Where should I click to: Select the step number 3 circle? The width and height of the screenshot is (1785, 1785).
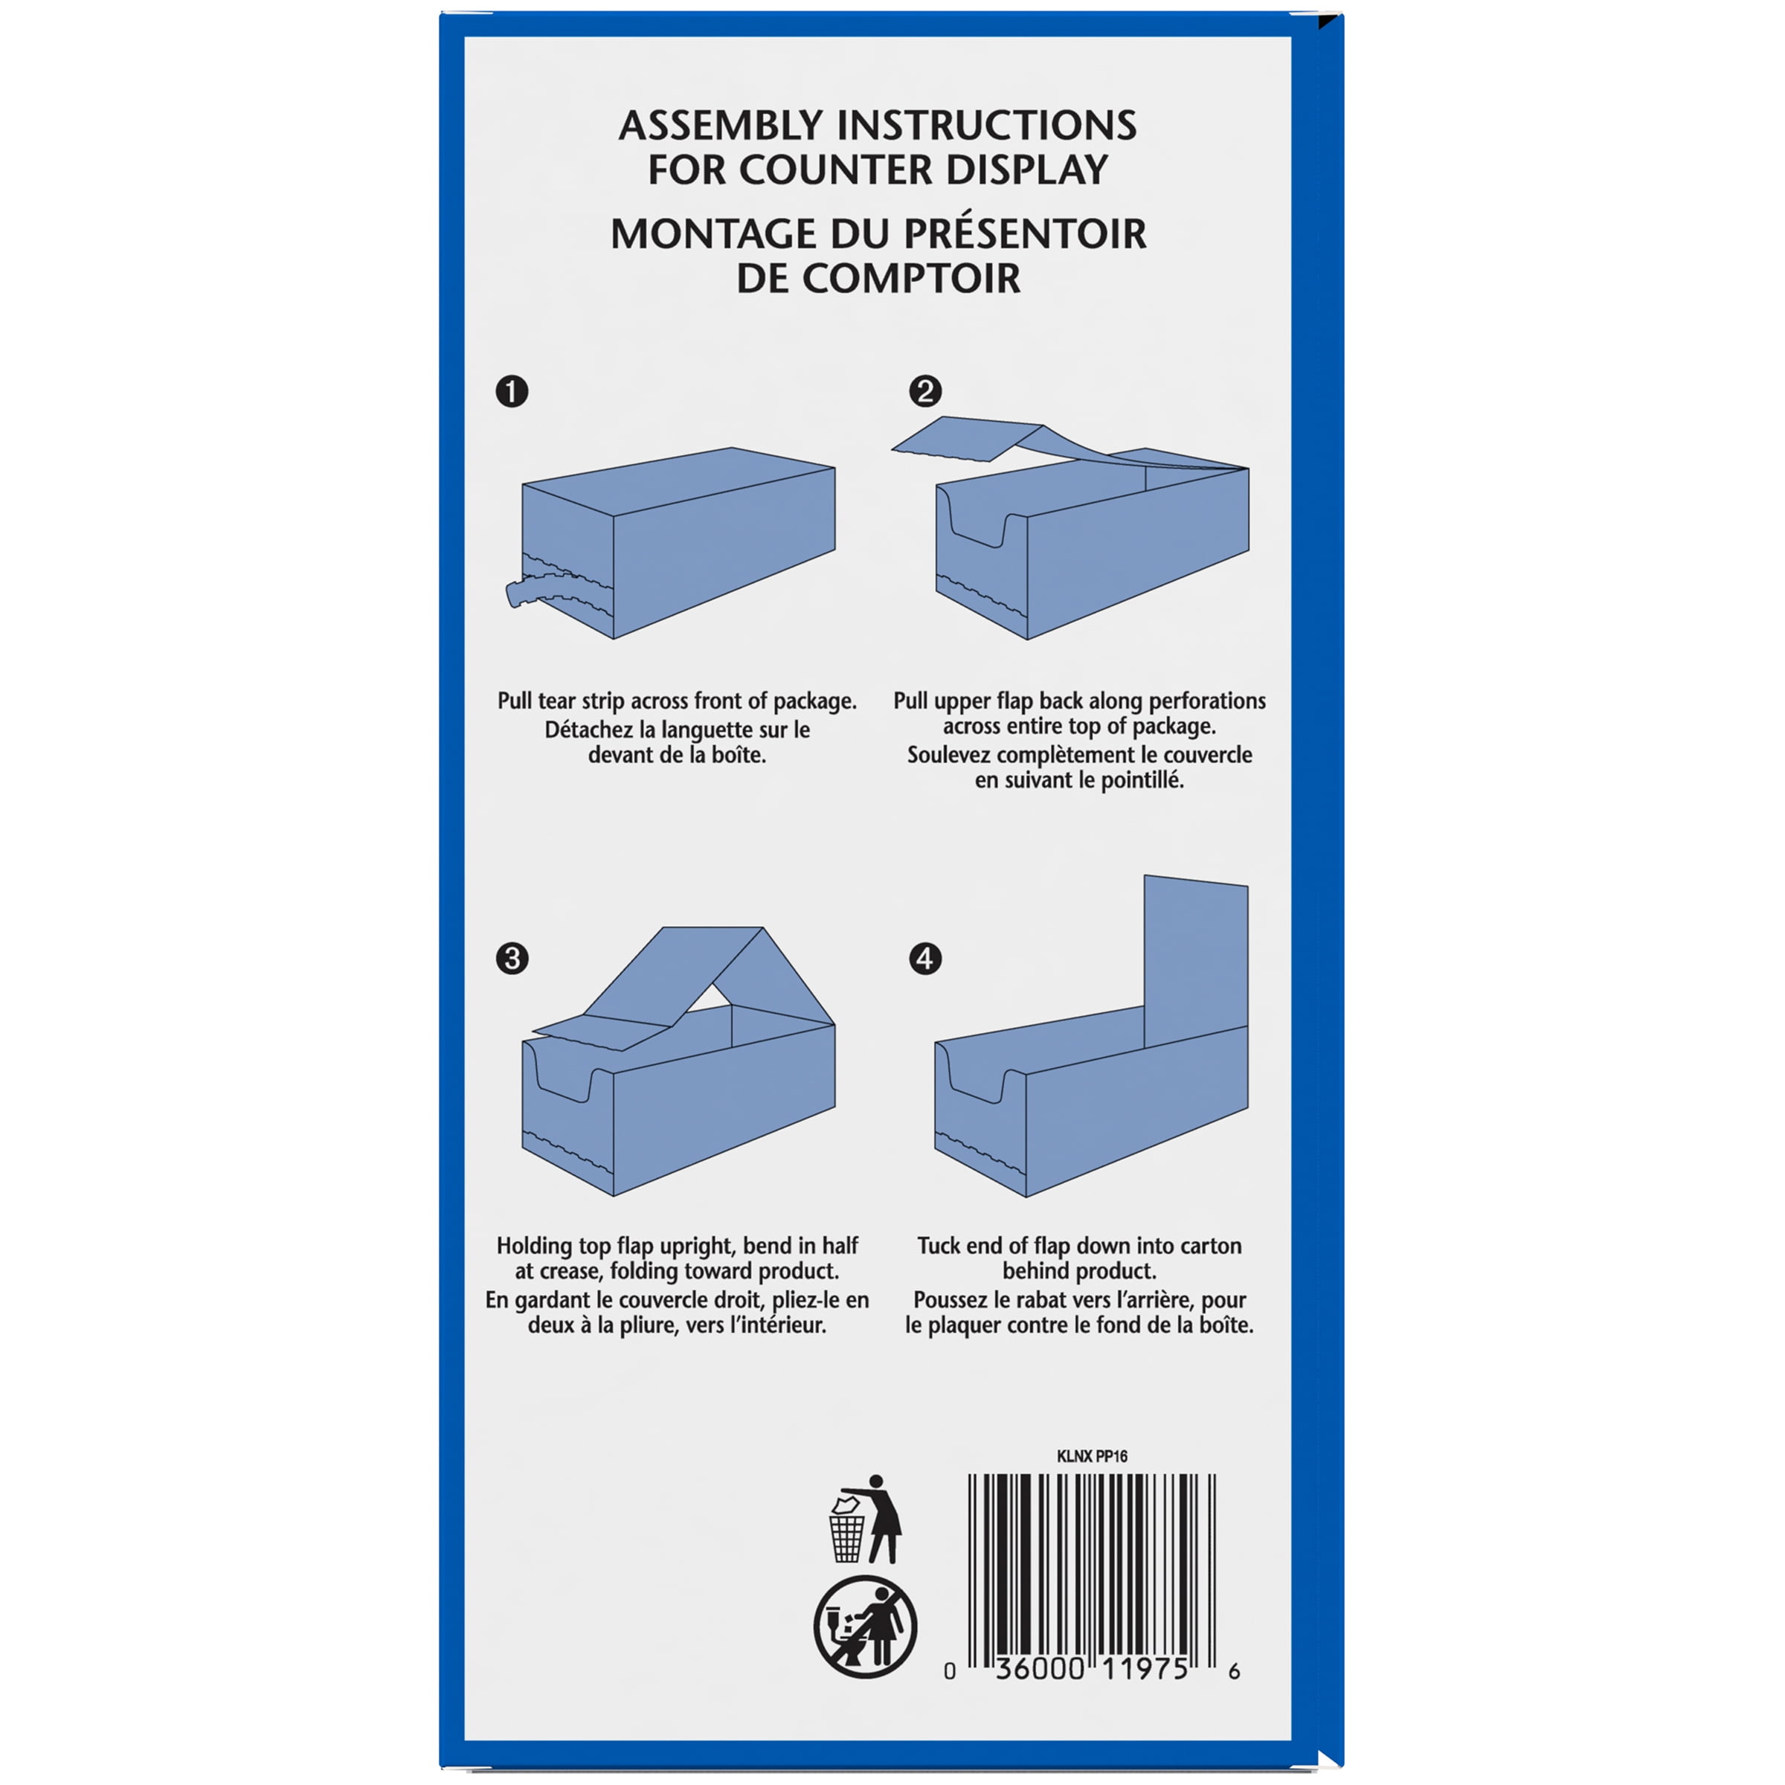pos(512,958)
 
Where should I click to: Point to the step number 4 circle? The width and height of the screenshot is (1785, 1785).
pos(924,958)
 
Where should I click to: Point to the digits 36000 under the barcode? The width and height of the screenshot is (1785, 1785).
pos(1040,1668)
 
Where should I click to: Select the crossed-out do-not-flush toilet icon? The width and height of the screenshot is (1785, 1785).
pos(865,1627)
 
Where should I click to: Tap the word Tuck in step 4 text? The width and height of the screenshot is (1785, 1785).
pos(939,1246)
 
